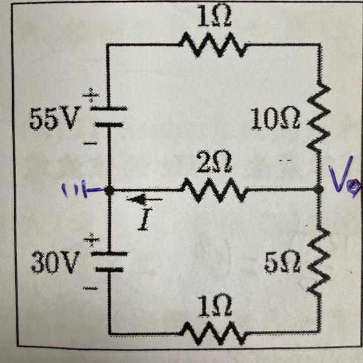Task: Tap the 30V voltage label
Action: pos(56,263)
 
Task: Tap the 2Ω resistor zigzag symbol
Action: pos(213,191)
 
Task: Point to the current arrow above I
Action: pos(145,200)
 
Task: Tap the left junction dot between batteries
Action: pos(109,191)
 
